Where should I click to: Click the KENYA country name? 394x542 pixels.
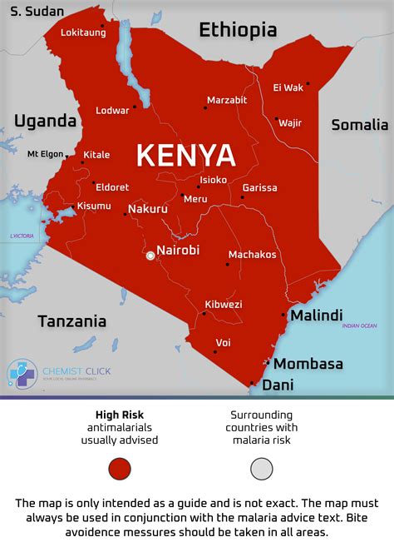pyautogui.click(x=185, y=156)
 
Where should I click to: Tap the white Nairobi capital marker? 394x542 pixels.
pyautogui.click(x=150, y=256)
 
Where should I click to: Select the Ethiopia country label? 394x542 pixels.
pyautogui.click(x=238, y=31)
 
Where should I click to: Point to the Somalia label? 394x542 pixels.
pyautogui.click(x=359, y=125)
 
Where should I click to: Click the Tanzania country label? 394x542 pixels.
pyautogui.click(x=72, y=321)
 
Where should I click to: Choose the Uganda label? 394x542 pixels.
pyautogui.click(x=45, y=121)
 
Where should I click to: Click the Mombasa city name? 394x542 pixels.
pyautogui.click(x=308, y=364)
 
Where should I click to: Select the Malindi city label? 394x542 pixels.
pyautogui.click(x=316, y=316)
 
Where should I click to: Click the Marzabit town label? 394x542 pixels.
pyautogui.click(x=227, y=100)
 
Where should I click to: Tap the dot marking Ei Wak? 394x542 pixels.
pyautogui.click(x=308, y=83)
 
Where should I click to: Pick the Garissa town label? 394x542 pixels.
pyautogui.click(x=260, y=187)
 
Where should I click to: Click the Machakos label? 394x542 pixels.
pyautogui.click(x=252, y=254)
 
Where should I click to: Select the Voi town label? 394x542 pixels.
pyautogui.click(x=223, y=342)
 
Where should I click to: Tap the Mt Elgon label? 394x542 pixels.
pyautogui.click(x=45, y=154)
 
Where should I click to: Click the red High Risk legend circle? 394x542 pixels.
pyautogui.click(x=121, y=469)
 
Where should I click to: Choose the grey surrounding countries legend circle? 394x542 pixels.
pyautogui.click(x=262, y=469)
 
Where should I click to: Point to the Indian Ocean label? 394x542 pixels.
pyautogui.click(x=359, y=326)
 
